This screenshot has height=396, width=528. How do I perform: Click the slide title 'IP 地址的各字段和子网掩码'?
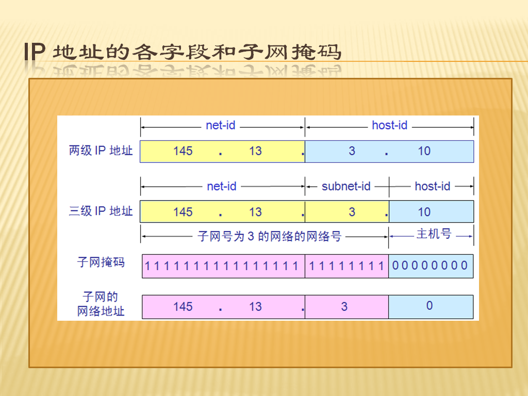click(x=183, y=52)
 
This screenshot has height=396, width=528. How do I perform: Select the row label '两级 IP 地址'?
click(x=101, y=151)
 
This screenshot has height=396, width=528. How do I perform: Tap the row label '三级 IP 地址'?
click(x=101, y=211)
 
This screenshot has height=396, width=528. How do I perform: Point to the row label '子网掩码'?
click(x=101, y=262)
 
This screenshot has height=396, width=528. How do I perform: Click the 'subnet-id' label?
click(x=346, y=186)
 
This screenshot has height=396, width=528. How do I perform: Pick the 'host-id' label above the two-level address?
click(x=390, y=125)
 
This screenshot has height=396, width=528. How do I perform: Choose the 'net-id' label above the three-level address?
click(x=222, y=186)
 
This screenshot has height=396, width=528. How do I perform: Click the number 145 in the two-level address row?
click(x=183, y=151)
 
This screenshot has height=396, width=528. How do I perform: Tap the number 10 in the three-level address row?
click(x=424, y=212)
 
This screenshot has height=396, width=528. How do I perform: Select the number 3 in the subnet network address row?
click(x=344, y=306)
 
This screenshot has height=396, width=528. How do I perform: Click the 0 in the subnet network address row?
click(x=430, y=305)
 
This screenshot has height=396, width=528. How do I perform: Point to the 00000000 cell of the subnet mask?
click(x=431, y=266)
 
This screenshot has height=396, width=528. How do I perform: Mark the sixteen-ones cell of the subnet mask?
click(x=223, y=266)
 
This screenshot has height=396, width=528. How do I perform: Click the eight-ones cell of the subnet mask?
click(x=347, y=266)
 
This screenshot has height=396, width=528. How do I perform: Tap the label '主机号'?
click(x=434, y=234)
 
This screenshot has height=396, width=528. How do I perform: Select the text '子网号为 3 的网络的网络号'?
click(x=269, y=236)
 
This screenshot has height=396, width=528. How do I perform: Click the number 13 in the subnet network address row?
click(x=255, y=306)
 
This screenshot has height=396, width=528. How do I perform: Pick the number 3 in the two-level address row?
click(x=352, y=151)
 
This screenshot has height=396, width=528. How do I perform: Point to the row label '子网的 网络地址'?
click(x=101, y=304)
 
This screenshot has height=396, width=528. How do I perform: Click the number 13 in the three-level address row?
click(x=255, y=212)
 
